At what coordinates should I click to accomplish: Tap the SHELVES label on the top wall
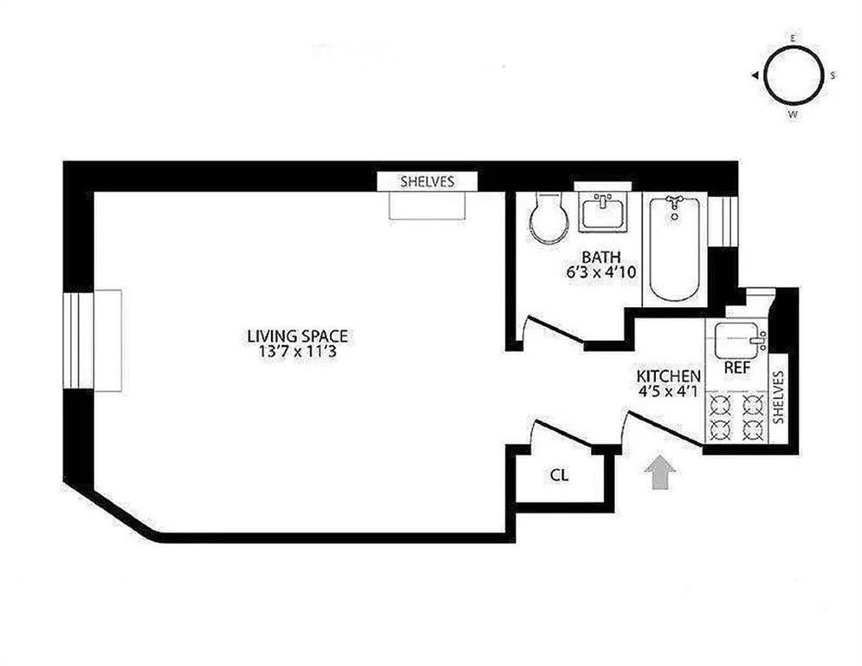coord(426,182)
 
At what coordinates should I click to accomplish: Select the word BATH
coord(600,257)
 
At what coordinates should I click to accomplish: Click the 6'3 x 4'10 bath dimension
coord(600,271)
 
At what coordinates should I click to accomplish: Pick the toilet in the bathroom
coord(548,219)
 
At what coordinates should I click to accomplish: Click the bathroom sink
coord(603,211)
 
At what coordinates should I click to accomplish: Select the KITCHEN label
coord(668,376)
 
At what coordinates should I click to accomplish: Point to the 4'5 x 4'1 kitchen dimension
coord(668,392)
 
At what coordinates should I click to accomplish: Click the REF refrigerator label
coord(736,368)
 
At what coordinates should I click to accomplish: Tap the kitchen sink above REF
coord(736,336)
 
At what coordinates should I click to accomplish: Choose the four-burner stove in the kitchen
coord(736,417)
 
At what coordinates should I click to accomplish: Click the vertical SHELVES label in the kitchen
coord(777,396)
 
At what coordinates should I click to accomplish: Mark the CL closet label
coord(560,474)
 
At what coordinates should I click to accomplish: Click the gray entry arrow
coord(660,473)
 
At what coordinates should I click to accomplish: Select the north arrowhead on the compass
coord(755,76)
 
